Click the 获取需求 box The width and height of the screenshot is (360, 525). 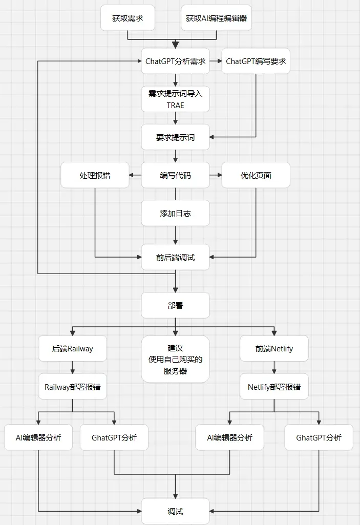(x=128, y=18)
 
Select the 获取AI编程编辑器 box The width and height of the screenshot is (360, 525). (x=217, y=18)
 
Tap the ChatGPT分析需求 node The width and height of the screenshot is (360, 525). (x=176, y=61)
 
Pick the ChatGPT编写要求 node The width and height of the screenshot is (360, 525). (x=256, y=61)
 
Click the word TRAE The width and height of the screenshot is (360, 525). (x=175, y=105)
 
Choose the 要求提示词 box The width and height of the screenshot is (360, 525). (x=176, y=137)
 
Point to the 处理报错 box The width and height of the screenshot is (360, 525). (x=95, y=175)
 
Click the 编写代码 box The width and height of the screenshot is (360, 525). (x=176, y=175)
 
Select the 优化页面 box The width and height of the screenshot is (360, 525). (x=256, y=175)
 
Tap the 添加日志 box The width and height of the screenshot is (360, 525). (x=176, y=213)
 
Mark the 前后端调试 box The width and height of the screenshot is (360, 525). (x=176, y=258)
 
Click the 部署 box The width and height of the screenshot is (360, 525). (x=176, y=305)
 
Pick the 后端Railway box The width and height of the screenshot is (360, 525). (x=73, y=349)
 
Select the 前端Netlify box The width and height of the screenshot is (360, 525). (x=274, y=349)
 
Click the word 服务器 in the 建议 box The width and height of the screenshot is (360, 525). (x=176, y=371)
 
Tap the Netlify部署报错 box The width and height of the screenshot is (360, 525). (x=274, y=387)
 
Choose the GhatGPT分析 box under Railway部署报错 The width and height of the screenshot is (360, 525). (x=114, y=438)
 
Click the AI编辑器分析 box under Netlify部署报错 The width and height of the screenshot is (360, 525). (x=229, y=438)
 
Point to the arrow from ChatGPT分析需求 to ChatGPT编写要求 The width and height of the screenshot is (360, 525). (x=216, y=61)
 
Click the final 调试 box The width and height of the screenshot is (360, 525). (x=176, y=511)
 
